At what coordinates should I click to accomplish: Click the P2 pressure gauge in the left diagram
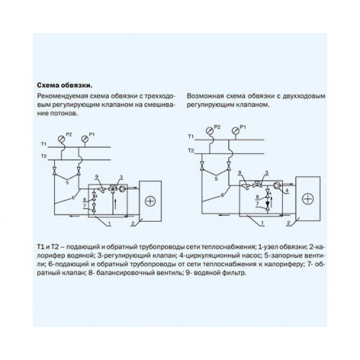(62, 139)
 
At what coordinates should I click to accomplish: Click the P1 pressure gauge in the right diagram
(235, 130)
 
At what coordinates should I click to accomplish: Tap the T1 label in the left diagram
(43, 144)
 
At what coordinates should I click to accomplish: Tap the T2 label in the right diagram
(191, 150)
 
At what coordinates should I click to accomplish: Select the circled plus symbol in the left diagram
(150, 201)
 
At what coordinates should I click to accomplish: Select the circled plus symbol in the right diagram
(307, 199)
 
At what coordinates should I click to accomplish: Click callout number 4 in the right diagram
(287, 191)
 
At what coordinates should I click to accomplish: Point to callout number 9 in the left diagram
(96, 177)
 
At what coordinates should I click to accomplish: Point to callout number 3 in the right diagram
(266, 173)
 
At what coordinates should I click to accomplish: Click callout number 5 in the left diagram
(67, 183)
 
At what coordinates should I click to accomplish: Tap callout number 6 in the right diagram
(222, 195)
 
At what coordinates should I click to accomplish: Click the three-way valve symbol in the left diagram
(112, 189)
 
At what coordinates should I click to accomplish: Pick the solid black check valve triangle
(267, 204)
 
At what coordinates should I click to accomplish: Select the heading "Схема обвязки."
(65, 86)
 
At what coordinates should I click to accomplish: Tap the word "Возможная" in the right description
(202, 96)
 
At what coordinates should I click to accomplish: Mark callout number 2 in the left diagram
(132, 224)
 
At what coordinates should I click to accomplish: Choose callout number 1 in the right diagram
(262, 223)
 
